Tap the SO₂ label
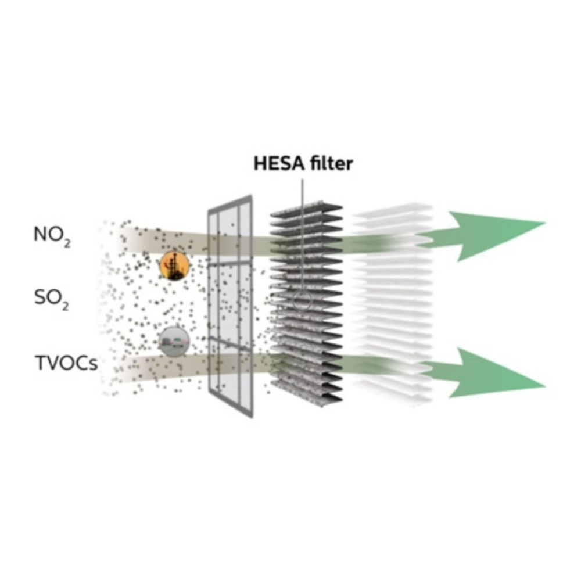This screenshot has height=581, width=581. (x=51, y=300)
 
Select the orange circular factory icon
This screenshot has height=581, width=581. (x=174, y=266)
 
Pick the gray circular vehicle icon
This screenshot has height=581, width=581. (x=174, y=342)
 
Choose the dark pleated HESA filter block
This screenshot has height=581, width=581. (x=306, y=302)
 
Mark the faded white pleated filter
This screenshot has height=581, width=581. (x=395, y=302)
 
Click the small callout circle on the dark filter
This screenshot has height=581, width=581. (x=302, y=301)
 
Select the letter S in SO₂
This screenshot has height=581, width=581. (x=40, y=299)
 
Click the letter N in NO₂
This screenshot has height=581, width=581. (x=40, y=236)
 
